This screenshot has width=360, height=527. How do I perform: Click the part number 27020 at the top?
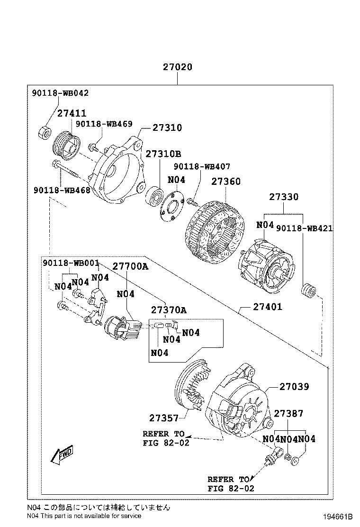(x=178, y=67)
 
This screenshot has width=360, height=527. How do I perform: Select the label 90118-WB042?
(x=60, y=93)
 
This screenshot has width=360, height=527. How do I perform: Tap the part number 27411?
(x=72, y=113)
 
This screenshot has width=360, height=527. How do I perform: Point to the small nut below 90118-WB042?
(x=45, y=132)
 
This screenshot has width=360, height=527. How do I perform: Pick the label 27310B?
(x=163, y=154)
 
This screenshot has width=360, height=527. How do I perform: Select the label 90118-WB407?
(x=202, y=166)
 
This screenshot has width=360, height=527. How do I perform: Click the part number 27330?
(x=284, y=196)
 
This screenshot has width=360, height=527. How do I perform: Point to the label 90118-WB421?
(x=304, y=228)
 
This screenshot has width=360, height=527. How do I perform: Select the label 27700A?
(x=130, y=266)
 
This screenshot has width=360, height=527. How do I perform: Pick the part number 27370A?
(x=169, y=310)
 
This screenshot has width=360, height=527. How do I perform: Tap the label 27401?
(x=267, y=307)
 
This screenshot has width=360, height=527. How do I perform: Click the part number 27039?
(x=294, y=387)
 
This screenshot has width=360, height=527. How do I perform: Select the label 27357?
(x=163, y=418)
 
